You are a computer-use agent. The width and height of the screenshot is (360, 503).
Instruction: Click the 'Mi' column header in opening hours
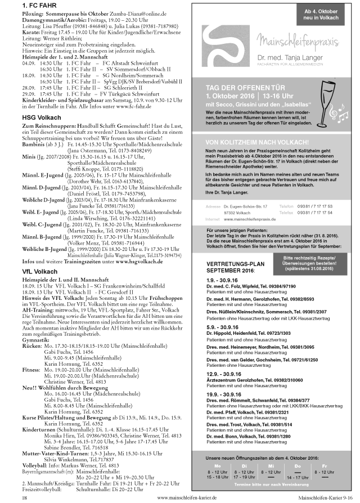click(x=271, y=466)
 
